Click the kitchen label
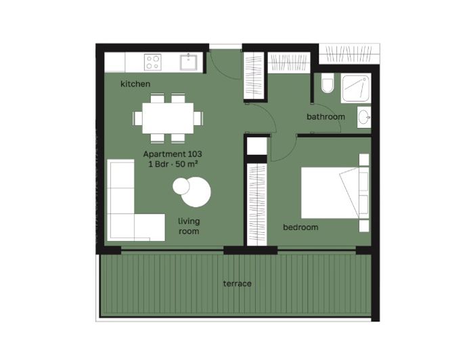[135, 84]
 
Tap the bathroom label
[326, 116]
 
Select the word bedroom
[300, 227]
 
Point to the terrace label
[237, 284]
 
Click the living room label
[189, 226]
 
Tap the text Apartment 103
[173, 154]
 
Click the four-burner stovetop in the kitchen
[153, 62]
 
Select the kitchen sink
[188, 62]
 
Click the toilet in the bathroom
[328, 85]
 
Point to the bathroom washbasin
[365, 116]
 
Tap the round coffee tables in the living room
[192, 190]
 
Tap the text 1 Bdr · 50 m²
[173, 164]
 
